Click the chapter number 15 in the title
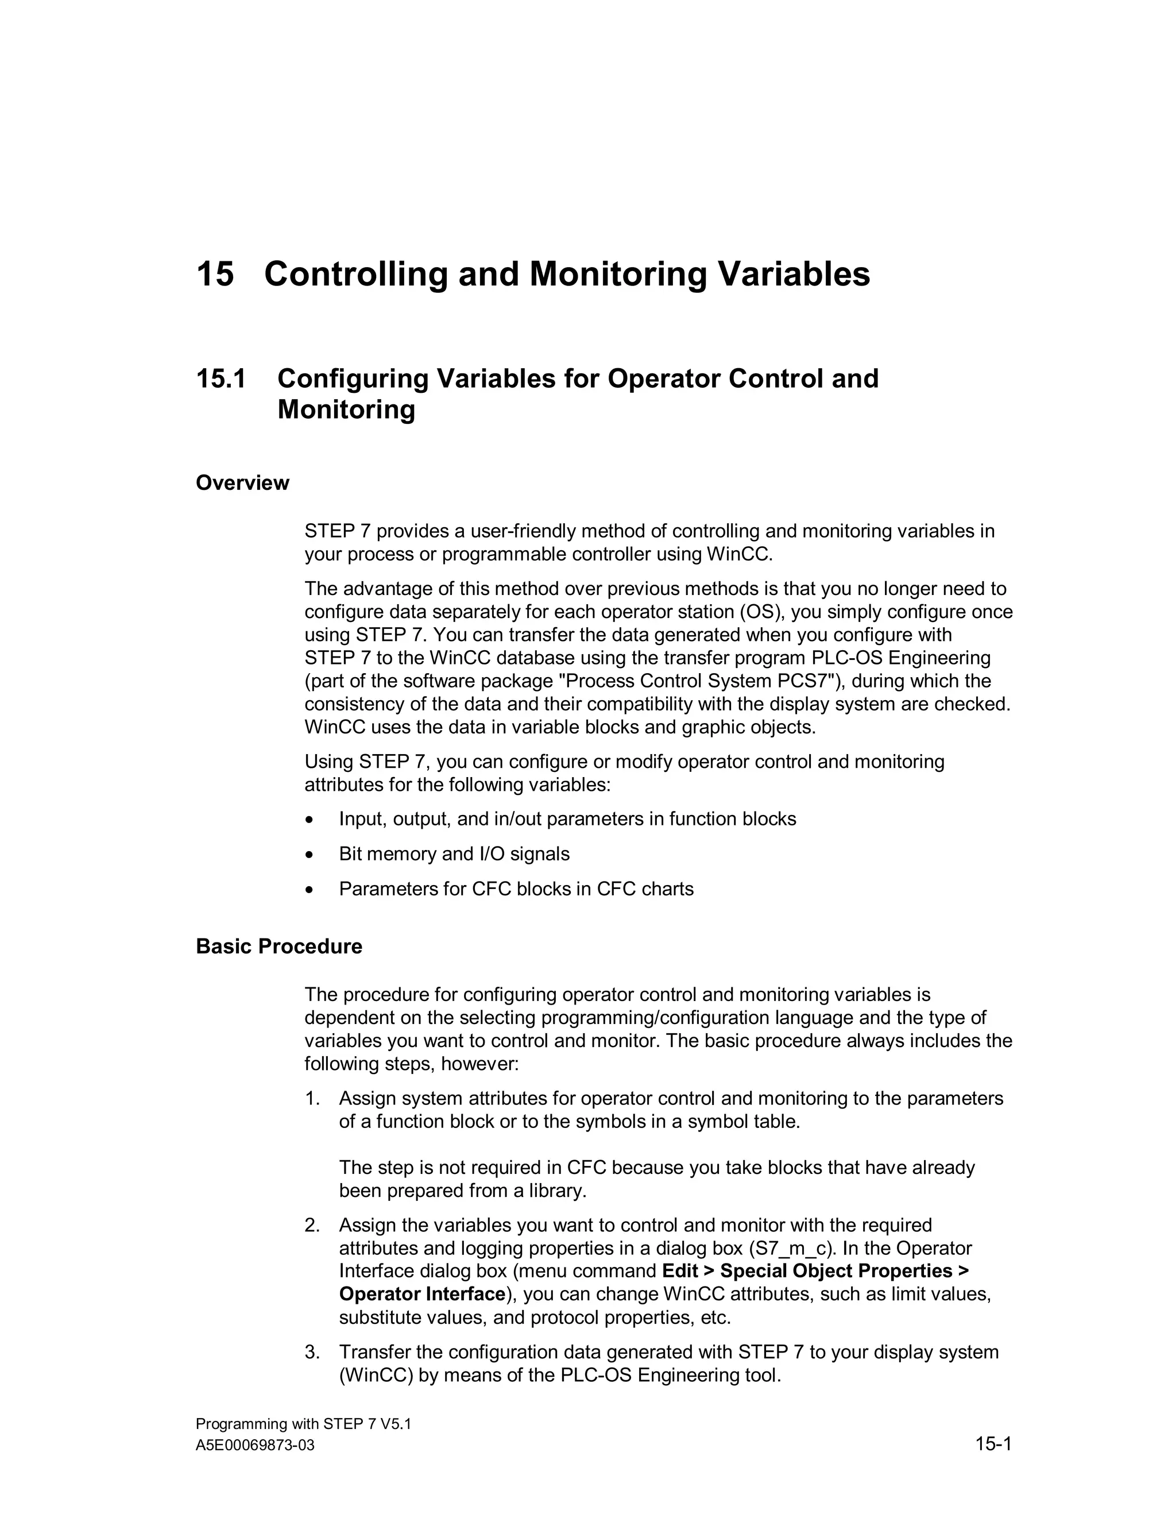(x=215, y=274)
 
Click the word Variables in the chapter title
(x=794, y=274)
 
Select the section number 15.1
(x=221, y=379)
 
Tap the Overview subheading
(x=242, y=483)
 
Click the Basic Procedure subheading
(x=278, y=947)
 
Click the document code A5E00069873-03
(x=255, y=1446)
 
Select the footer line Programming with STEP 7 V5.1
(x=303, y=1424)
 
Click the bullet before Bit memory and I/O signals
(x=310, y=855)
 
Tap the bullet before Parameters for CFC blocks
(x=310, y=890)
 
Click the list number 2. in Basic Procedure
(x=311, y=1225)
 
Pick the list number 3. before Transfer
(x=311, y=1352)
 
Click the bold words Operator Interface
(x=421, y=1294)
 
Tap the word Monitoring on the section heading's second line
(x=346, y=410)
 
